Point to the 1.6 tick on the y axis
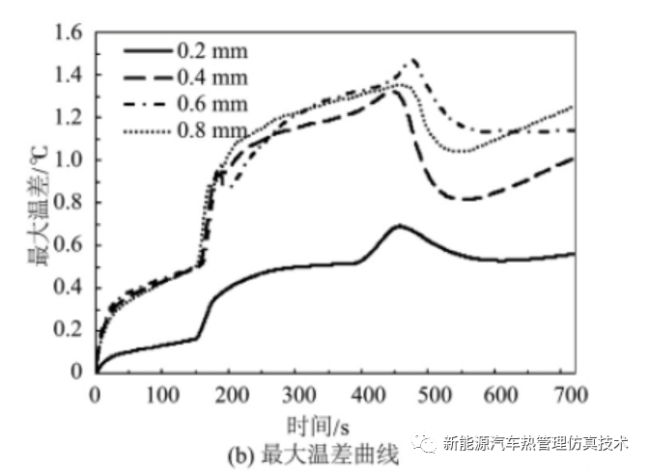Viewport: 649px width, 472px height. click(x=71, y=33)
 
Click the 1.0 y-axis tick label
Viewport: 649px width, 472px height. click(x=71, y=160)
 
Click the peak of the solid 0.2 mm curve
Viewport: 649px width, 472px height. click(x=398, y=226)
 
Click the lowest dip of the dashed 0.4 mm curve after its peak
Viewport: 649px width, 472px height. click(x=466, y=199)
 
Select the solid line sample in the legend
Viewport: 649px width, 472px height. click(x=145, y=49)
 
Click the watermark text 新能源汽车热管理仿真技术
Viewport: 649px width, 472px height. click(x=536, y=443)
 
